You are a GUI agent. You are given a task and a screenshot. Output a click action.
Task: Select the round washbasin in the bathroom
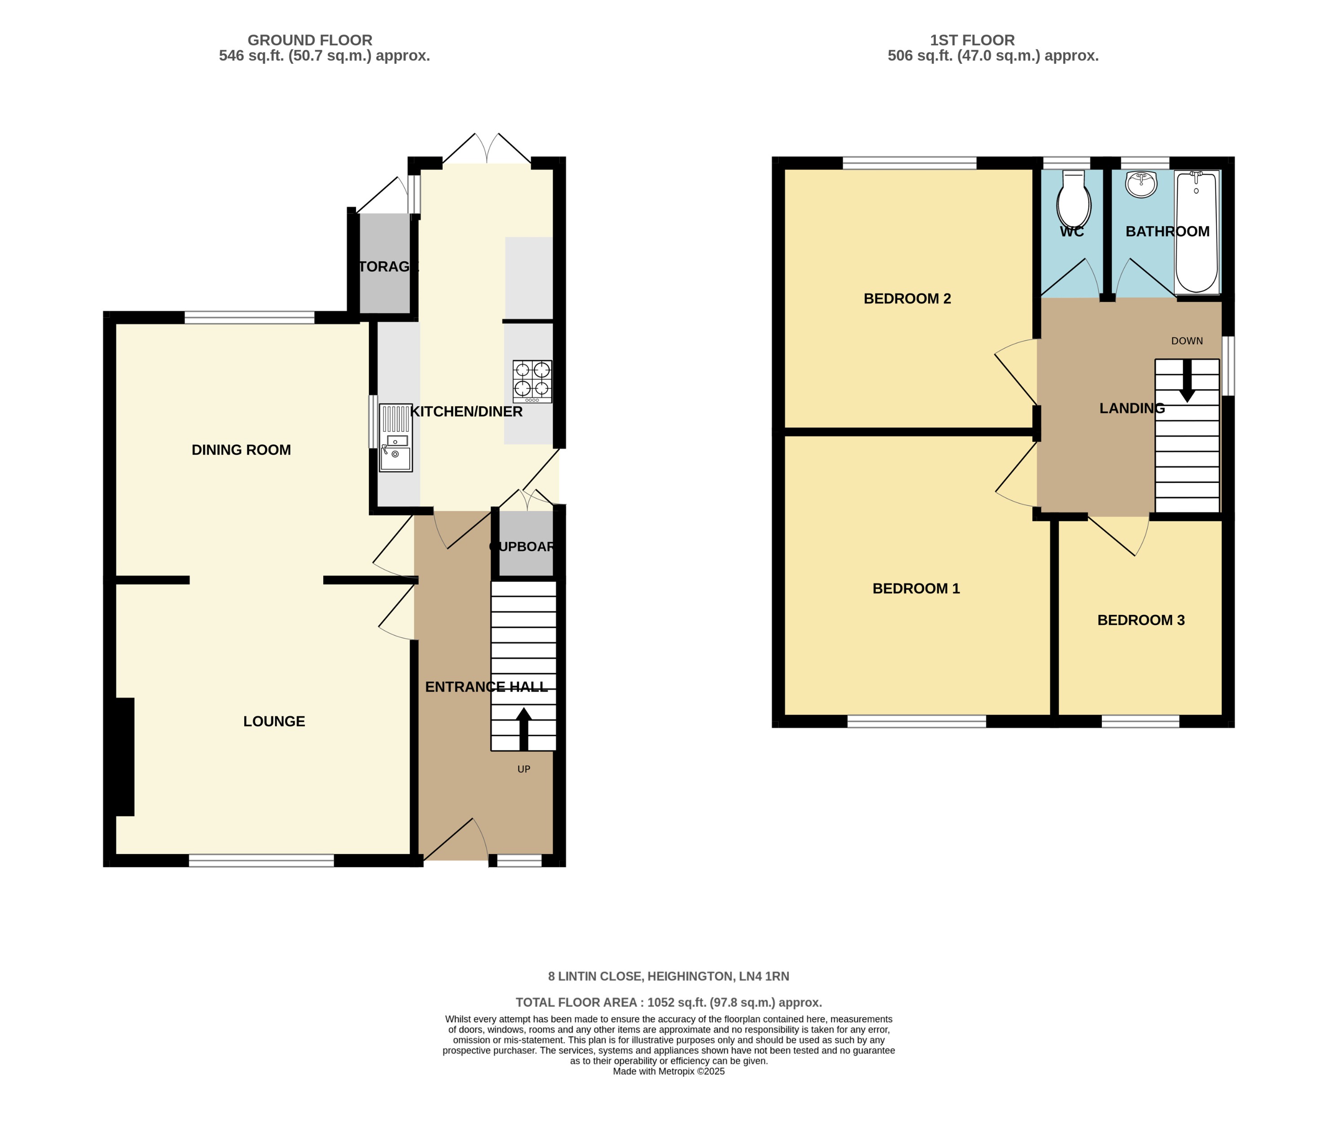click(1141, 184)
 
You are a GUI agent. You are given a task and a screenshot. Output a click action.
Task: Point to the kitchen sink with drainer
click(395, 438)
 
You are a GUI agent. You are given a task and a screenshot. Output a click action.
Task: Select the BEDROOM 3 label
click(1141, 620)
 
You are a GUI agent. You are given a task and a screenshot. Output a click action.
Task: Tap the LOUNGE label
click(274, 721)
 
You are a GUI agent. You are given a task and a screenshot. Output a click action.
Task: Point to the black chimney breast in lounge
click(124, 757)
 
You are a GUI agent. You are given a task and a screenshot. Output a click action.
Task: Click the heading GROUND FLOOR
click(310, 40)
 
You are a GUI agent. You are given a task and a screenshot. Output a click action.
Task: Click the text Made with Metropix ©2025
click(669, 1071)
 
